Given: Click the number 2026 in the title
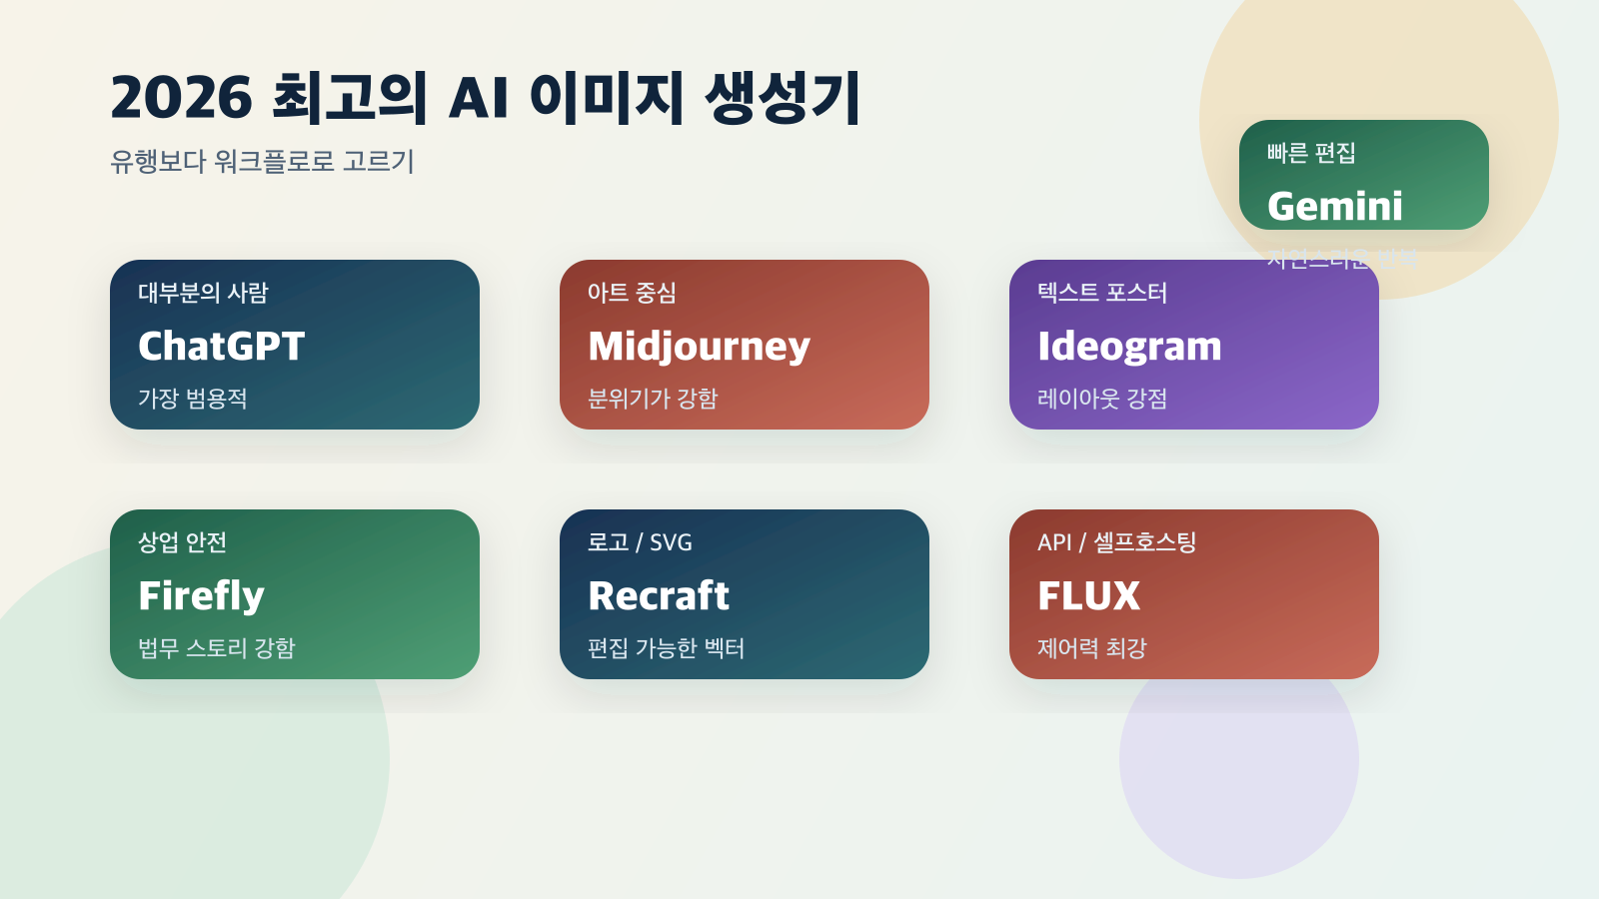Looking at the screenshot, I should [x=181, y=98].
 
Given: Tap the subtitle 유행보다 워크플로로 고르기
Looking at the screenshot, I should [x=262, y=161].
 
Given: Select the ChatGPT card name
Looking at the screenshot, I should [x=221, y=347].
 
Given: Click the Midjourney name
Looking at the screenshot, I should [x=699, y=347].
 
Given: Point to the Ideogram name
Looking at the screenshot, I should [x=1129, y=347].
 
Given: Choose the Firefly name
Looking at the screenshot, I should [x=201, y=596].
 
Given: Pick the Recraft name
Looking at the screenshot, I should [x=659, y=596].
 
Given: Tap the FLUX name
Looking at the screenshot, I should [x=1088, y=596].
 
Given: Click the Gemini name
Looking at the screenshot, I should [x=1334, y=207].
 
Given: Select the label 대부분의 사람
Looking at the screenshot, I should [x=203, y=293].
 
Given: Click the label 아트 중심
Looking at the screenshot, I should [x=632, y=293].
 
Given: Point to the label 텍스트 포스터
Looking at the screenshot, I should [x=1102, y=293].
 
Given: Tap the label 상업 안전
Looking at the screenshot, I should [x=182, y=542].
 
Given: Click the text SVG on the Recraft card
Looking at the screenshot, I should [x=671, y=542].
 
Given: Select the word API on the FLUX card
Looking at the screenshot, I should [x=1054, y=542].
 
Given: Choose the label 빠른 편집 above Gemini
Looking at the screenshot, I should [x=1311, y=153].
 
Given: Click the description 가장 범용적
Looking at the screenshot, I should [x=192, y=399].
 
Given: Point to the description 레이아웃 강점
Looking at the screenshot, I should [x=1102, y=399].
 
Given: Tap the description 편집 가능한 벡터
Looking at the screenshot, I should [x=666, y=648].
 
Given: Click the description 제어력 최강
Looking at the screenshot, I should [x=1091, y=648].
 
